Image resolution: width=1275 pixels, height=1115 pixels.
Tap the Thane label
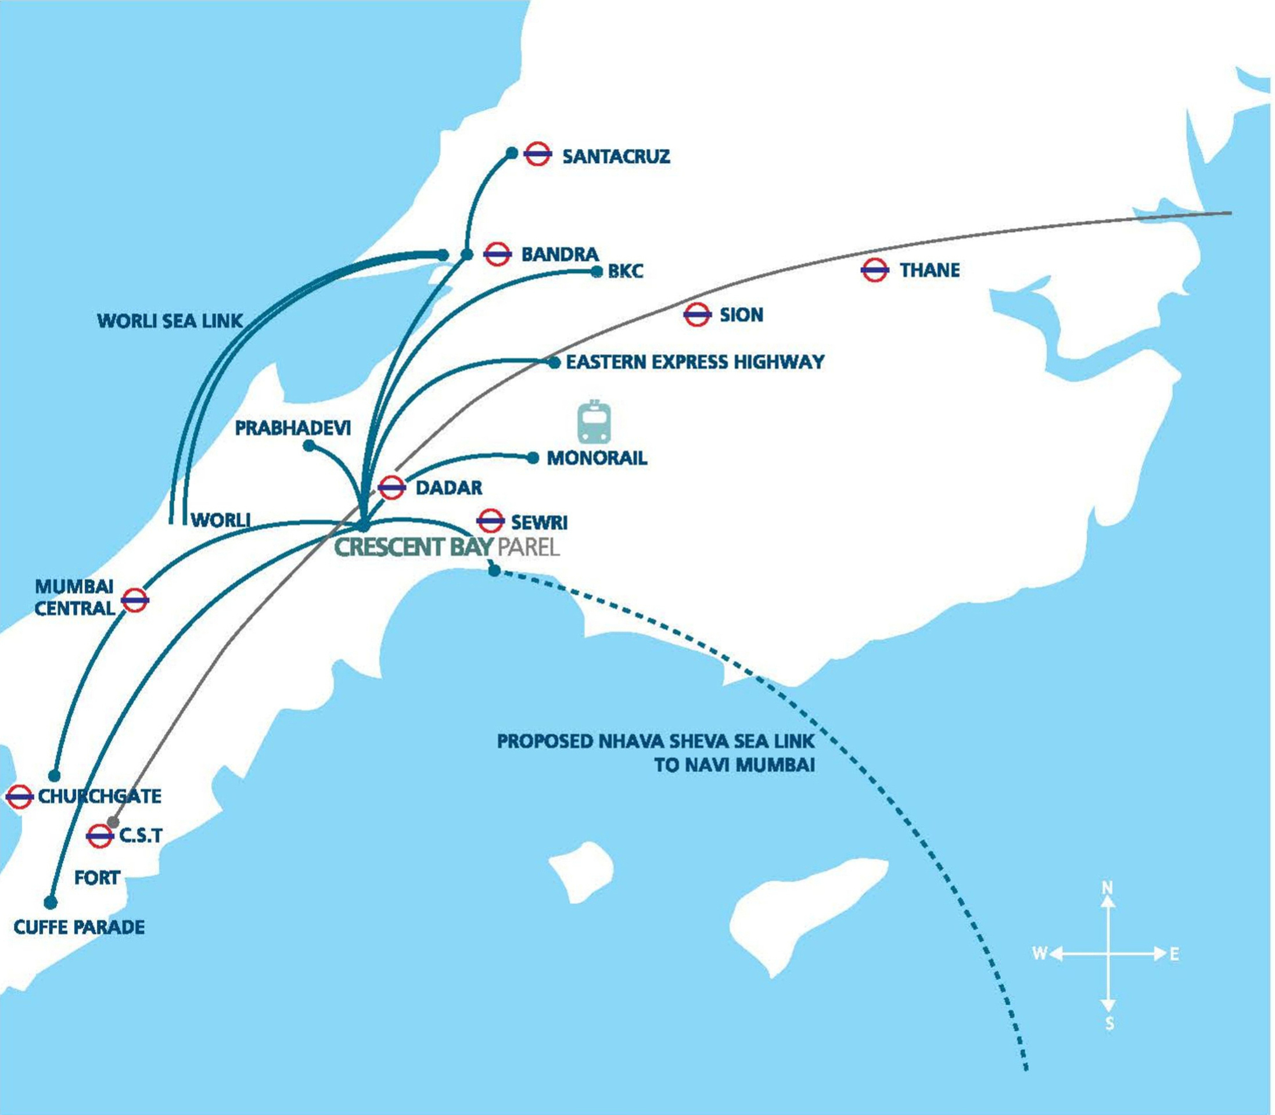[929, 270]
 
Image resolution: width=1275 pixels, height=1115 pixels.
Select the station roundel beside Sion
[697, 315]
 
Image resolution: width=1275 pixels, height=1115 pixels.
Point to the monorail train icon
[594, 421]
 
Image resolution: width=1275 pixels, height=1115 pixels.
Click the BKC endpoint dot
[597, 271]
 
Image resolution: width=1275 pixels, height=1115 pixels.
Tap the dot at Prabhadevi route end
[308, 445]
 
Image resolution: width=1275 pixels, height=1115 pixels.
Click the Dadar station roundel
[392, 487]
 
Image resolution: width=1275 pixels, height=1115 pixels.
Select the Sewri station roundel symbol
[490, 521]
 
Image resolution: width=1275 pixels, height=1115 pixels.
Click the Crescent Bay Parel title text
[447, 546]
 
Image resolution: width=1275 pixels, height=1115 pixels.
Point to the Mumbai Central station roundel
[134, 600]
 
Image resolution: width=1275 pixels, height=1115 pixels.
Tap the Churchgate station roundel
[19, 796]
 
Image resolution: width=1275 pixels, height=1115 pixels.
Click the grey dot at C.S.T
[113, 822]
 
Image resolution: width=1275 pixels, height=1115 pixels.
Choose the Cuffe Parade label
[79, 927]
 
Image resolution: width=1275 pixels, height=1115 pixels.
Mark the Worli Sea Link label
[169, 321]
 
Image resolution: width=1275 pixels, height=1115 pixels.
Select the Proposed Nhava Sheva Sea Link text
[655, 742]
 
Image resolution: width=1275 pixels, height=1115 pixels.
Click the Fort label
[97, 878]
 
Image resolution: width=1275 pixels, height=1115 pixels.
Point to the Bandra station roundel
[497, 254]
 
